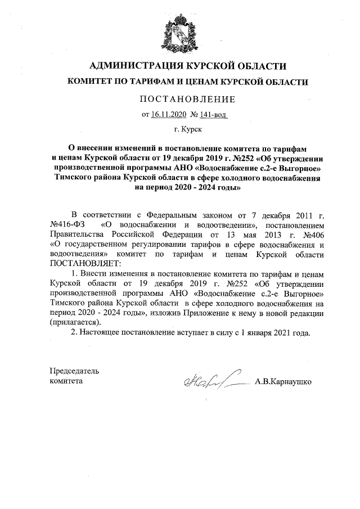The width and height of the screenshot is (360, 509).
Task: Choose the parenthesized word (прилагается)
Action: [76, 322]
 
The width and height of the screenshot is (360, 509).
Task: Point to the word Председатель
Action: [75, 372]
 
